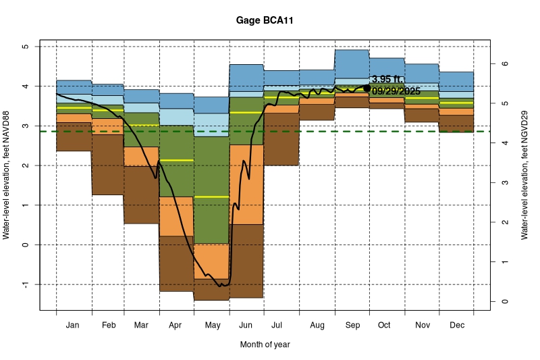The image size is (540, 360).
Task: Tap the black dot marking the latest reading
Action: [367, 88]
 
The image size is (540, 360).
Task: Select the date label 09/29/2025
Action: [396, 92]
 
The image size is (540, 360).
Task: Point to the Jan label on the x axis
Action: [74, 326]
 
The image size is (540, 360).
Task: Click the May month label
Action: [212, 326]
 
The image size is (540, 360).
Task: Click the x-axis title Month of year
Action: [265, 344]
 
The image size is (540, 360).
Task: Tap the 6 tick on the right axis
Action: [503, 64]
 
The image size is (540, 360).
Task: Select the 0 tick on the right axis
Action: [503, 301]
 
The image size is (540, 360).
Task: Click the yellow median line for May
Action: [212, 197]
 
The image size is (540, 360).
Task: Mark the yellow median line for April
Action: [177, 160]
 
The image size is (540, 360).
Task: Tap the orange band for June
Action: [246, 184]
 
